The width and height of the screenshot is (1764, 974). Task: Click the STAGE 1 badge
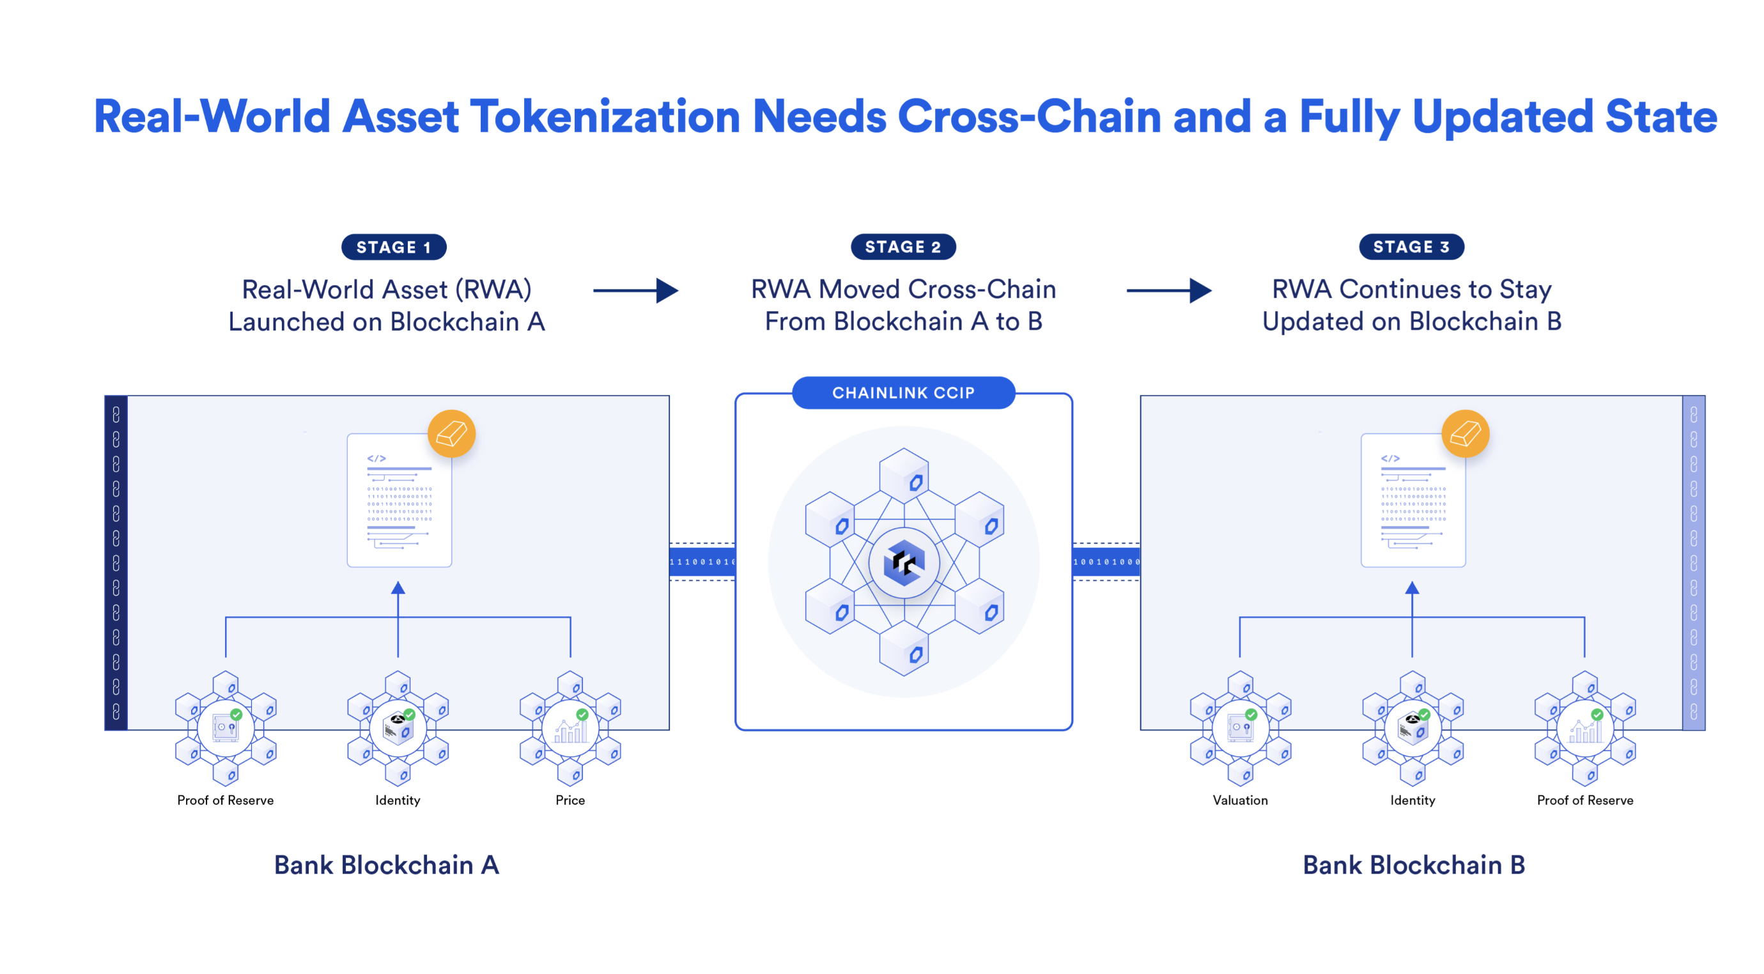(x=394, y=247)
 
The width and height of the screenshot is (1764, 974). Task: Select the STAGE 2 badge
(x=902, y=247)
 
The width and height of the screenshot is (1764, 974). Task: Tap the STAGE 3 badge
(x=1411, y=247)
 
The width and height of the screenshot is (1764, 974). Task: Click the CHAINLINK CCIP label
(x=902, y=392)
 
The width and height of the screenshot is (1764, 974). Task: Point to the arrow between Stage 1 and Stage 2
(x=635, y=290)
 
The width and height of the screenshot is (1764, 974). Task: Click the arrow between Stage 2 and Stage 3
(x=1168, y=290)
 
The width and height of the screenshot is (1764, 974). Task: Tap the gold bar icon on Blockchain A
(x=451, y=433)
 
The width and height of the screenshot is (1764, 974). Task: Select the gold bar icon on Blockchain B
(x=1465, y=433)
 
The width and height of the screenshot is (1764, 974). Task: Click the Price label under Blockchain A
(x=569, y=800)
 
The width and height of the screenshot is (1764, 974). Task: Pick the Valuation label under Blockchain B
(x=1239, y=800)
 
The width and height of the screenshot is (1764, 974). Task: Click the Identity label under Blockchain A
(x=397, y=800)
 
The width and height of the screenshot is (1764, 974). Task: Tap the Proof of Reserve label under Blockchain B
(x=1584, y=800)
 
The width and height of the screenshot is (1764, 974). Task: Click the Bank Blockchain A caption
(x=386, y=865)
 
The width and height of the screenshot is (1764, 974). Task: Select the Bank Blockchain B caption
(x=1413, y=865)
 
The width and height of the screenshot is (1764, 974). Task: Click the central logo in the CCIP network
(x=903, y=562)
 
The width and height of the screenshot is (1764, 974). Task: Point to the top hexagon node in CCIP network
(x=904, y=475)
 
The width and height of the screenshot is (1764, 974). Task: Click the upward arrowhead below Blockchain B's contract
(x=1412, y=588)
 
